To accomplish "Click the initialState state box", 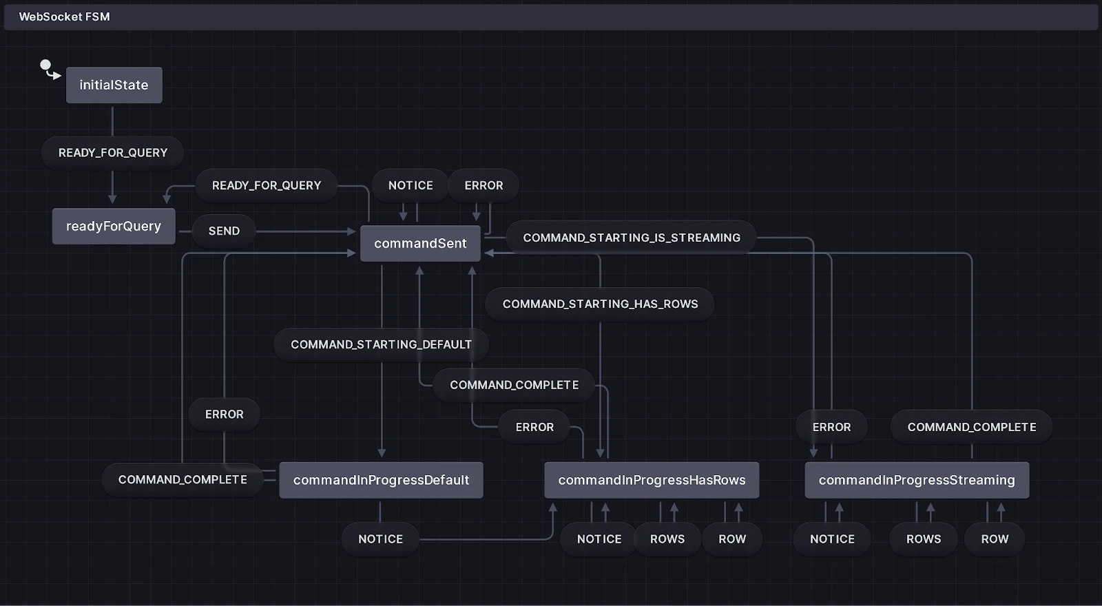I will pyautogui.click(x=114, y=85).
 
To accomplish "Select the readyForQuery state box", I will pyautogui.click(x=114, y=226).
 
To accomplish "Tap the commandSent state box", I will pyautogui.click(x=420, y=243).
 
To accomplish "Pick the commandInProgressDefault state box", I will pyautogui.click(x=381, y=480).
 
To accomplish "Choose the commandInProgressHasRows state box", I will pyautogui.click(x=652, y=480).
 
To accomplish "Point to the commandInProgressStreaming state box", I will pyautogui.click(x=917, y=480).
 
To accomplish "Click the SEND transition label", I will pyautogui.click(x=224, y=231).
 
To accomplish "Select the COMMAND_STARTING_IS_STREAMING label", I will pyautogui.click(x=632, y=238).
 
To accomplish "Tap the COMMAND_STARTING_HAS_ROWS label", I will pyautogui.click(x=600, y=304).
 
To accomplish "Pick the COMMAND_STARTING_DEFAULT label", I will pyautogui.click(x=381, y=344).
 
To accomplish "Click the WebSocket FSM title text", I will pyautogui.click(x=64, y=17).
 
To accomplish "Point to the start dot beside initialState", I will pyautogui.click(x=45, y=65).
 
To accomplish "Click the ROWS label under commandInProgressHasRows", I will pyautogui.click(x=667, y=539).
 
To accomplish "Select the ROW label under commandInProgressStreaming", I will pyautogui.click(x=995, y=539).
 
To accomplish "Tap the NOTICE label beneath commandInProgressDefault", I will pyautogui.click(x=380, y=539).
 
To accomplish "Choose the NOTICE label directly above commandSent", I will pyautogui.click(x=410, y=185).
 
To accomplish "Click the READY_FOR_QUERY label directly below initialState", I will pyautogui.click(x=113, y=153).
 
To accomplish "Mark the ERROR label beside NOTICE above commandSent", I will pyautogui.click(x=484, y=185).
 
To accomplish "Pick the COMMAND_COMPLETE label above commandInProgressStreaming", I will pyautogui.click(x=971, y=427).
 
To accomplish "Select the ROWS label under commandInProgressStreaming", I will pyautogui.click(x=924, y=539).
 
